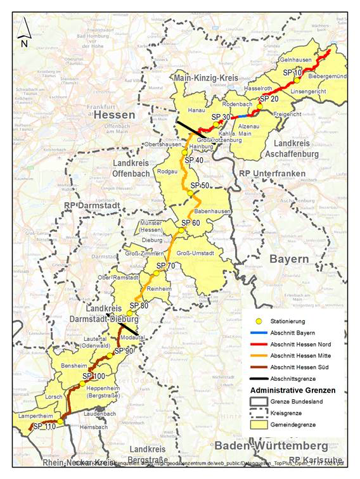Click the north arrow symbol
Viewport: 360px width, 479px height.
tap(23, 32)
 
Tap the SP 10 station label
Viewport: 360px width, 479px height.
tap(293, 73)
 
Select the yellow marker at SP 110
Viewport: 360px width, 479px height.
tap(60, 421)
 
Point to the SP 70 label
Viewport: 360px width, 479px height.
tap(165, 265)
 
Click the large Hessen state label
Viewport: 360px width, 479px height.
tap(114, 115)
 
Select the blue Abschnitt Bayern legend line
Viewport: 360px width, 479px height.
tap(255, 333)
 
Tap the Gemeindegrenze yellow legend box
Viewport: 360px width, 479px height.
tap(255, 425)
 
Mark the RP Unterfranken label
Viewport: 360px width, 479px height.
tap(267, 172)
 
